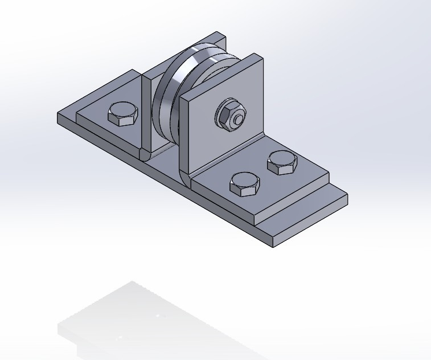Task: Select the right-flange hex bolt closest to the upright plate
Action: click(x=282, y=162)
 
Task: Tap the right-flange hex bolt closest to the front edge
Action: click(x=245, y=183)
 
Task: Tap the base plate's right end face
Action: click(x=310, y=225)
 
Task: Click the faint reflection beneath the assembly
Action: click(x=131, y=319)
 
